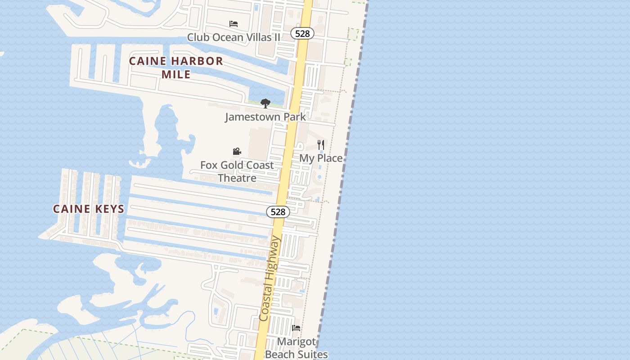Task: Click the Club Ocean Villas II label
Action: coord(234,37)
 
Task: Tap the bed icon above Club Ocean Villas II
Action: coord(233,23)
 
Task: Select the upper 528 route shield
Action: coord(302,33)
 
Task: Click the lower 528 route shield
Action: coord(278,211)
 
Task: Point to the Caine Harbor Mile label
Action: coord(176,67)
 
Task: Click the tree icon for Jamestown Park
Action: coord(265,103)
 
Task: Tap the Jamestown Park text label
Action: coord(265,117)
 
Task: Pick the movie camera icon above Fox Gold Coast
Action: coord(237,152)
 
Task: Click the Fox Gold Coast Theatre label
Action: coord(237,171)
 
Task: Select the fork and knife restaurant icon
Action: coord(321,144)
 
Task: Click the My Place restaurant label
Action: coord(321,158)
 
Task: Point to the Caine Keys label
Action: coord(89,209)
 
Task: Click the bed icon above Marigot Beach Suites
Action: coord(296,328)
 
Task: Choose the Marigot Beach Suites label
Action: coord(296,348)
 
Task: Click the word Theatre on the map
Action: coord(237,178)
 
